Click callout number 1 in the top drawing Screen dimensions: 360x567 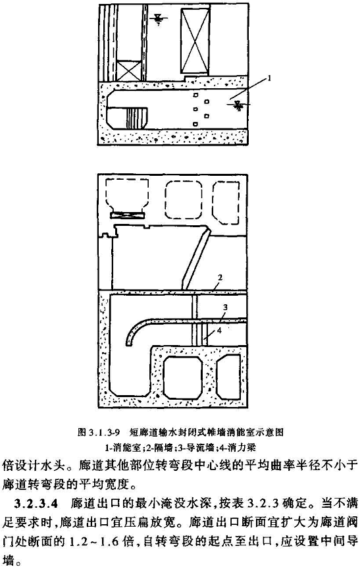[x=269, y=78]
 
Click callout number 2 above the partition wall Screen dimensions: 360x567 [x=219, y=277]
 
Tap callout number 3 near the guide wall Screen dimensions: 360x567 [x=225, y=308]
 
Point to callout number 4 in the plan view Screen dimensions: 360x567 [x=219, y=329]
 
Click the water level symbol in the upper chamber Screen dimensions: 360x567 [x=158, y=18]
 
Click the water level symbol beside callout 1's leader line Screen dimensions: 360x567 [x=238, y=105]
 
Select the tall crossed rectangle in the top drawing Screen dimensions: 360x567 [x=195, y=40]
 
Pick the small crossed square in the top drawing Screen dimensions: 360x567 [x=129, y=70]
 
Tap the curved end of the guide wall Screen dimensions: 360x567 [x=130, y=332]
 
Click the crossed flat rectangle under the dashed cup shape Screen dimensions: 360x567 [x=128, y=215]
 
